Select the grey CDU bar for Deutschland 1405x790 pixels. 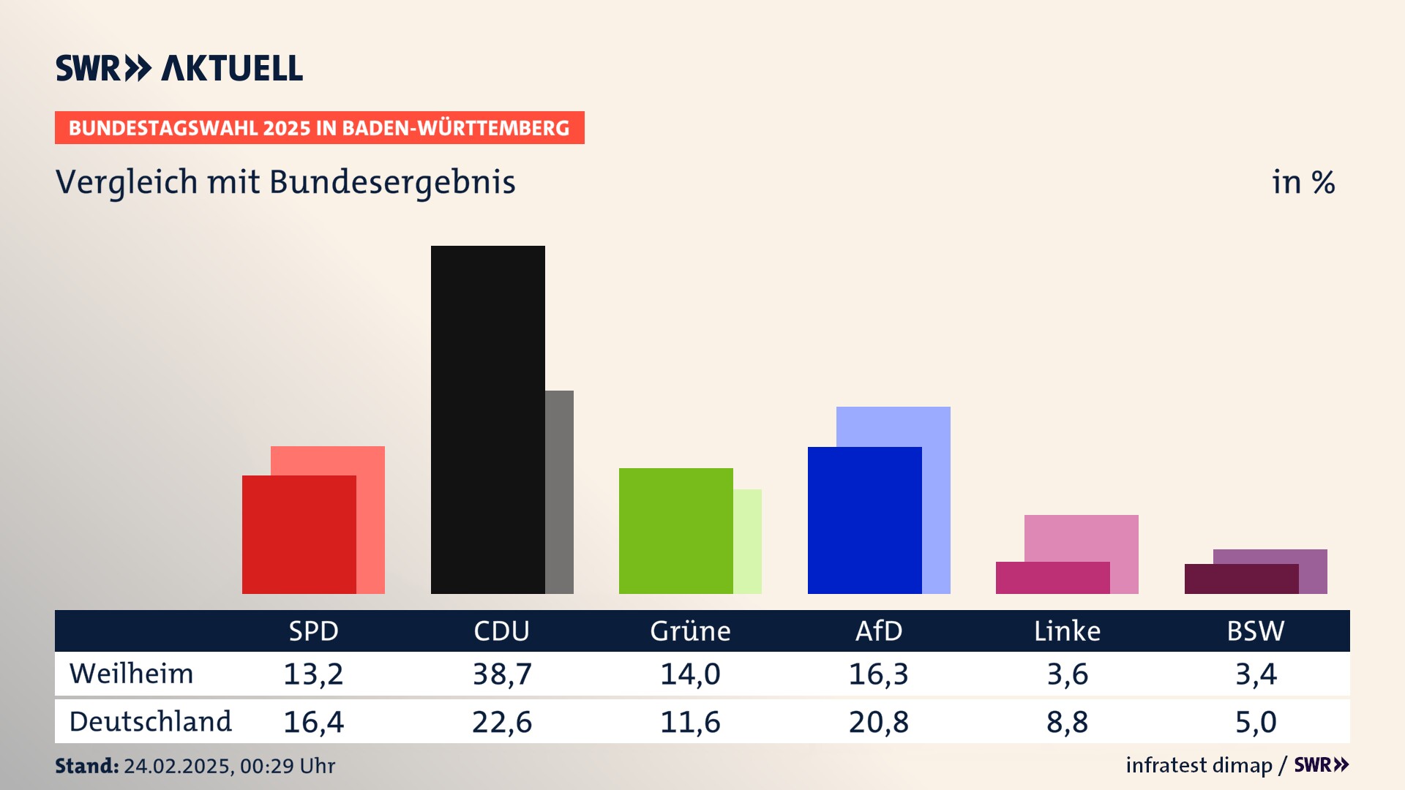560,492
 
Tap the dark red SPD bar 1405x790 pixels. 299,534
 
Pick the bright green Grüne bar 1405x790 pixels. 675,530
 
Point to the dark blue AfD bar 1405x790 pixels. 864,520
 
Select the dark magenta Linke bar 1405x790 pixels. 1052,577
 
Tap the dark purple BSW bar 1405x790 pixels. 1241,579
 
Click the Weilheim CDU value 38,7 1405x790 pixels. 502,674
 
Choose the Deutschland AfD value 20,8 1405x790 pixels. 878,722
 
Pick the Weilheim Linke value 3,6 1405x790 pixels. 1067,674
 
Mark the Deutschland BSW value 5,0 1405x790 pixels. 1256,722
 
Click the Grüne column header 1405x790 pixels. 690,631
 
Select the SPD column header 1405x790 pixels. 313,631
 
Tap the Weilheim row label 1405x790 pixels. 131,674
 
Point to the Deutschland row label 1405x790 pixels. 150,722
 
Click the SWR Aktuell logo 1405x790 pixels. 179,68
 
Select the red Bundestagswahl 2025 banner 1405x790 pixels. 319,128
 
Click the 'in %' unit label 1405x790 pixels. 1303,183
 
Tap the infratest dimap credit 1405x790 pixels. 1199,765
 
